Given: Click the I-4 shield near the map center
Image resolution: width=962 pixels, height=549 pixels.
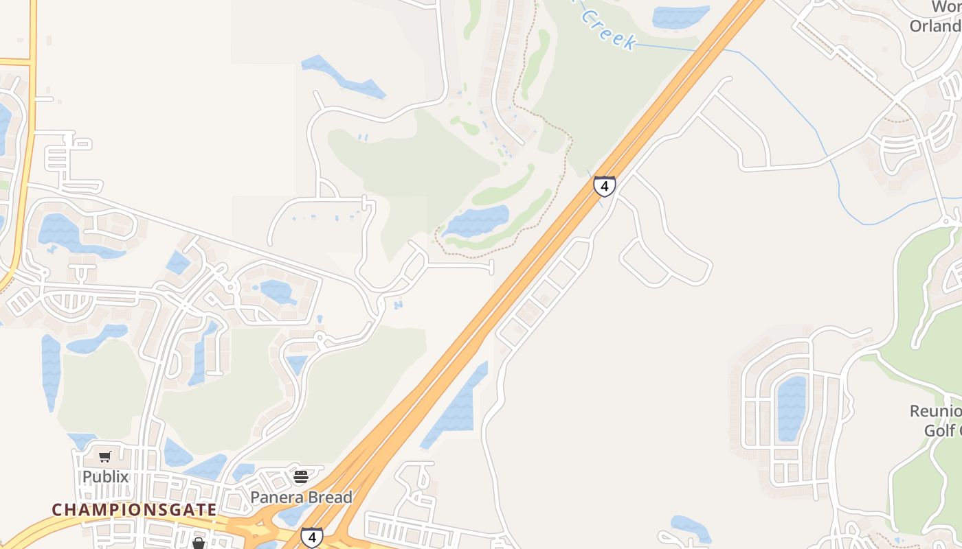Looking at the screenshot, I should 604,186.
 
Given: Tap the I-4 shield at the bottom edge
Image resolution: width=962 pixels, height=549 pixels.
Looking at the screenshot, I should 312,537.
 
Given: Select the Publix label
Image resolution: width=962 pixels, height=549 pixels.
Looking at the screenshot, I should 105,476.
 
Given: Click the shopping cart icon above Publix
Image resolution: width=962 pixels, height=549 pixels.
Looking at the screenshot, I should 105,457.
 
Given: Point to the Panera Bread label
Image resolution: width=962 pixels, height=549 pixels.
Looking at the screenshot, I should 301,497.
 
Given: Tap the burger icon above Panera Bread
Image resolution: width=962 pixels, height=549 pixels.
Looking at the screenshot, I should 301,476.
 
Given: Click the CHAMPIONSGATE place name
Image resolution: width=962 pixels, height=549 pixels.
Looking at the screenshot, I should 135,510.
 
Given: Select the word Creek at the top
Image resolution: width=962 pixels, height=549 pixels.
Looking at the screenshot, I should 607,29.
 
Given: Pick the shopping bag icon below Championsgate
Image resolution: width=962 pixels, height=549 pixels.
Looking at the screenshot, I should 199,544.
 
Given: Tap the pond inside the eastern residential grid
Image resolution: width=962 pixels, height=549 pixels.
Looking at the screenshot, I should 791,408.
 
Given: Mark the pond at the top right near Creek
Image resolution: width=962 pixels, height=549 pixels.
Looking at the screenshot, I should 680,16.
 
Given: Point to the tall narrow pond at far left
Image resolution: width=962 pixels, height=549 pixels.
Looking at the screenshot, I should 51,371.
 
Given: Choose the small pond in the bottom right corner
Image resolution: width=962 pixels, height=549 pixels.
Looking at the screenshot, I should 691,528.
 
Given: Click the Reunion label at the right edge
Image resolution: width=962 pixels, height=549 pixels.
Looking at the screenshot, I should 935,411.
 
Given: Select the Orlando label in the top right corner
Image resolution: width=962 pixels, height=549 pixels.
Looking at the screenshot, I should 935,26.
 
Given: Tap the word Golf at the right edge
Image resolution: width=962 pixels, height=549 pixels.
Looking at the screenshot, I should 939,431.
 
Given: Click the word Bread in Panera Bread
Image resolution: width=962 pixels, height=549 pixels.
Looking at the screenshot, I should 328,497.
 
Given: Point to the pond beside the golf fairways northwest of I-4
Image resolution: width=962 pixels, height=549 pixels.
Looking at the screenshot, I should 478,220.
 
